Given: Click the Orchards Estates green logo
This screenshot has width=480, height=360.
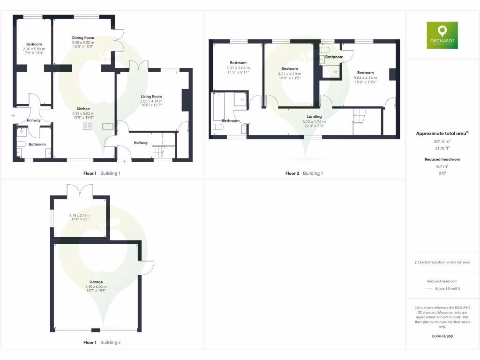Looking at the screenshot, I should [x=442, y=35].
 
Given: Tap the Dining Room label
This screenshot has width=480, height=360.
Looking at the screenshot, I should [x=83, y=38].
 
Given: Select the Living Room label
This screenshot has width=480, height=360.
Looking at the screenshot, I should [x=151, y=97].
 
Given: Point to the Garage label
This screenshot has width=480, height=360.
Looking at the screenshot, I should [x=96, y=282].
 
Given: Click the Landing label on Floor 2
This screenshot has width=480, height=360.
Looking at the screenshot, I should [x=314, y=117].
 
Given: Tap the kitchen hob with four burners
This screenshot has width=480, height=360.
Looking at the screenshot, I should [x=88, y=126].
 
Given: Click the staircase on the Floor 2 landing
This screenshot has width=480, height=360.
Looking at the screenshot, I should [x=359, y=115].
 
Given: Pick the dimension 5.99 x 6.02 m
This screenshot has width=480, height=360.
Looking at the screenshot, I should [x=96, y=287].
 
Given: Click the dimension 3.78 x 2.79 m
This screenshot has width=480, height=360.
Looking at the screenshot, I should [x=79, y=216].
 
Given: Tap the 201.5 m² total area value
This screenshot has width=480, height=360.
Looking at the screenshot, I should [x=442, y=141].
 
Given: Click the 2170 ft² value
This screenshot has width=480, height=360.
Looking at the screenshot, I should [x=442, y=148].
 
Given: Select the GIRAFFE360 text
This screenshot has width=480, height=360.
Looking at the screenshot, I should [x=442, y=336].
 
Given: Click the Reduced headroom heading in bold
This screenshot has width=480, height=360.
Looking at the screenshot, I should [x=442, y=159].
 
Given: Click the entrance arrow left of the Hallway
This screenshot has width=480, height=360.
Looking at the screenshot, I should [x=13, y=115].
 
